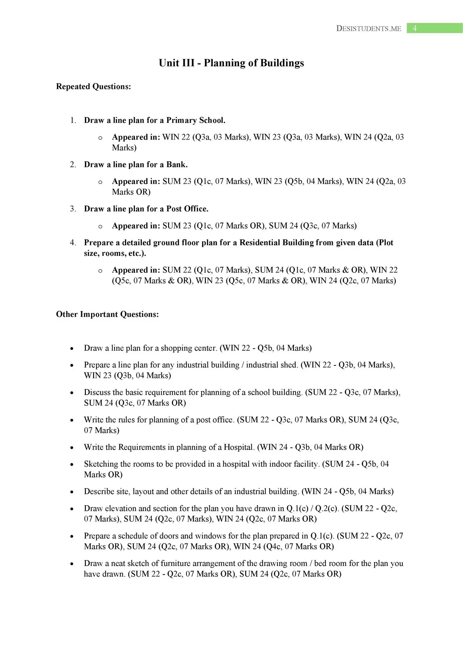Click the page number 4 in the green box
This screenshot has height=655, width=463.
click(x=415, y=28)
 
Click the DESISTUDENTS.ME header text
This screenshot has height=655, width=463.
click(x=369, y=29)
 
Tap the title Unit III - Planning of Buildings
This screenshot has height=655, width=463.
click(x=231, y=63)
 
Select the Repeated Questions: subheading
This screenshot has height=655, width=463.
click(x=93, y=86)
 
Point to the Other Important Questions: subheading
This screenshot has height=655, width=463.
click(x=107, y=314)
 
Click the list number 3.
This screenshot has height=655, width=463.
click(x=73, y=209)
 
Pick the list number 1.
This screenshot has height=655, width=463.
click(x=73, y=120)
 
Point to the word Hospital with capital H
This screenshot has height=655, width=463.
click(x=239, y=447)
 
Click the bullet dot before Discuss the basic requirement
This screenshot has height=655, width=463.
click(x=72, y=393)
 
